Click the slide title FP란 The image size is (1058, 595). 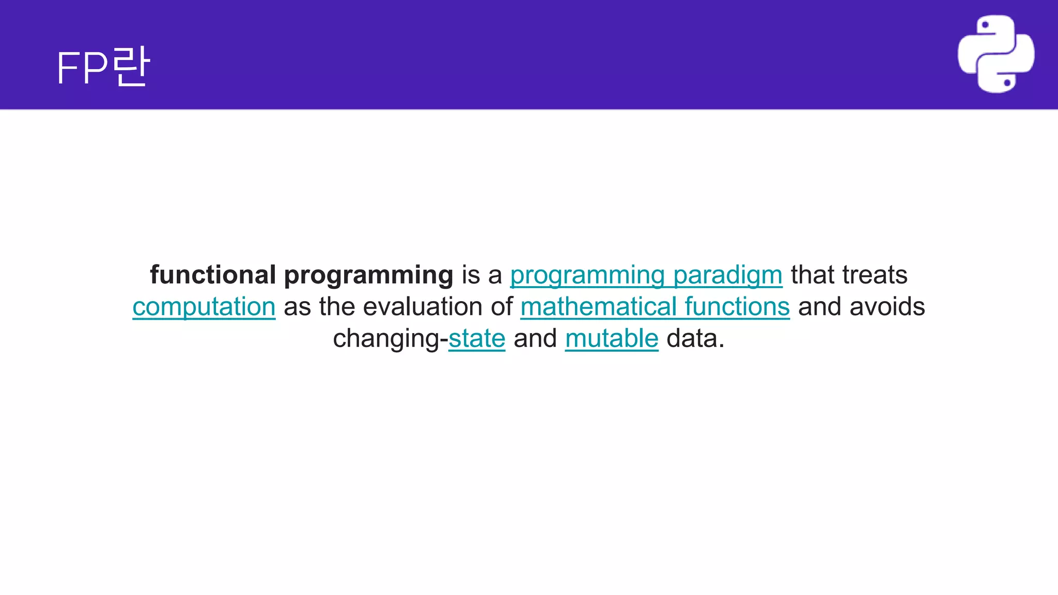click(x=103, y=67)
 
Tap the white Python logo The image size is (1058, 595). click(x=996, y=54)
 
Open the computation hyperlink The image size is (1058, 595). click(x=204, y=307)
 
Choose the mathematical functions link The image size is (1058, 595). click(x=655, y=307)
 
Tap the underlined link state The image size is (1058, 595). click(x=477, y=339)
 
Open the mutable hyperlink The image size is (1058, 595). click(x=612, y=339)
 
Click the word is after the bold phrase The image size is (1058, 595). click(x=471, y=275)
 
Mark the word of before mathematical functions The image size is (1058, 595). click(x=502, y=307)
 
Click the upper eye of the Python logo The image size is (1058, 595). click(x=985, y=25)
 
